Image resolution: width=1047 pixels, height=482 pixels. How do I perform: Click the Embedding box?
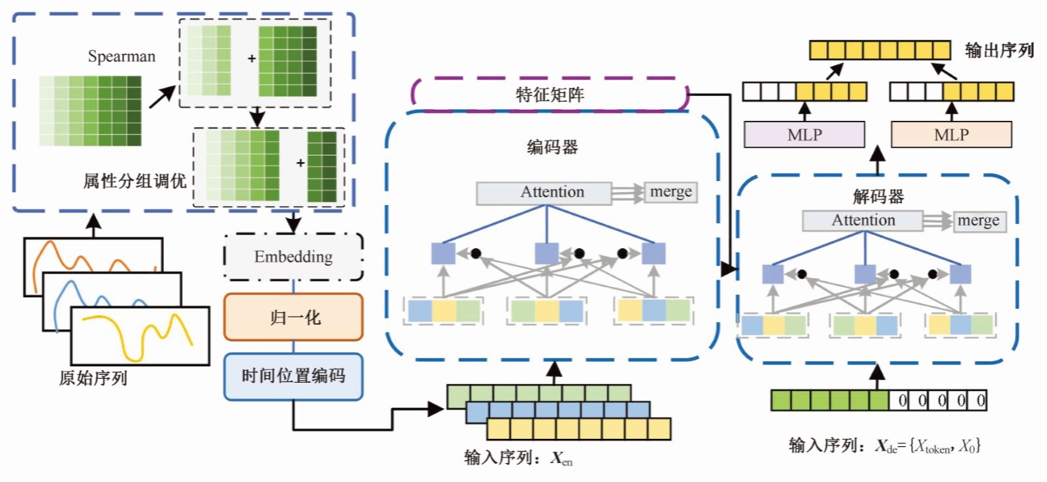tap(293, 257)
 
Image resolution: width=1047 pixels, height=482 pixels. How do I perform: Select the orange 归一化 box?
tap(293, 317)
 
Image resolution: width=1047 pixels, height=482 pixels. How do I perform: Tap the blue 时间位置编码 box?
tap(293, 376)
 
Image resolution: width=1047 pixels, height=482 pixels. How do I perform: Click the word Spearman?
tap(122, 57)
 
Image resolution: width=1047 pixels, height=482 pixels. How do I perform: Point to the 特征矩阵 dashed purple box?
tap(550, 95)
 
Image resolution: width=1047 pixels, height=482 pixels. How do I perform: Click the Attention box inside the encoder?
tap(544, 193)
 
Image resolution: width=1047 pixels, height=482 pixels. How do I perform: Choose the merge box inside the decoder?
tap(978, 221)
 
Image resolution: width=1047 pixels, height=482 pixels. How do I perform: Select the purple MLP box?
tap(804, 135)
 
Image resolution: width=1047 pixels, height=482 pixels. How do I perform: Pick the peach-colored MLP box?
tap(951, 135)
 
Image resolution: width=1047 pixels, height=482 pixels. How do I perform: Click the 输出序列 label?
tap(999, 50)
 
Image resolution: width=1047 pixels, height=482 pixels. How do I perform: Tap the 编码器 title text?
tap(552, 148)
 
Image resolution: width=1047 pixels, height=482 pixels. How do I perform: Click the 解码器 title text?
tap(878, 196)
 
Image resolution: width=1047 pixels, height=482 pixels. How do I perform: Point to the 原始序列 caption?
tap(93, 378)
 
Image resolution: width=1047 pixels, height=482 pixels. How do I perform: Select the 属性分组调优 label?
tap(135, 181)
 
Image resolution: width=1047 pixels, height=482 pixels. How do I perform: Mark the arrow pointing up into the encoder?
tap(554, 371)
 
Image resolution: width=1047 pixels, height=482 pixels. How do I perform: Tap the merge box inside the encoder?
tap(671, 192)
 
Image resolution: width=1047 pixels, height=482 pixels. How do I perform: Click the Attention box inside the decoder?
tap(863, 221)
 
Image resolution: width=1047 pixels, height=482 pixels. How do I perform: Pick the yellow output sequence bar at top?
tap(880, 50)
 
